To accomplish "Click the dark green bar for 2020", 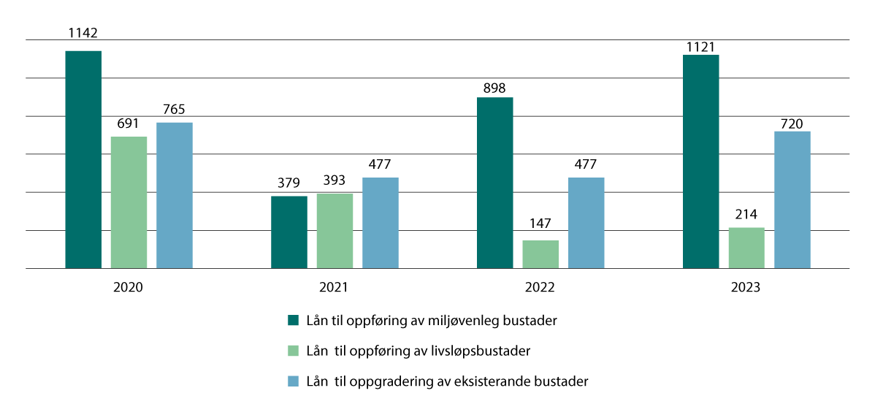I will (x=83, y=159).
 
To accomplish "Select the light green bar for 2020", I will (x=129, y=202).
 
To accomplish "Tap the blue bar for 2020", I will (x=175, y=195).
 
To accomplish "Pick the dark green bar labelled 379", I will (x=289, y=232).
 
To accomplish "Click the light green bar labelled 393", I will (x=335, y=231).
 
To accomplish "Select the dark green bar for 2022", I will (x=494, y=183).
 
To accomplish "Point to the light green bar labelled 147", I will (x=540, y=254).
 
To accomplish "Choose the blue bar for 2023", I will (x=792, y=199).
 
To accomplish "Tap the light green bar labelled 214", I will (x=746, y=248).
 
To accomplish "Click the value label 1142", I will (x=83, y=33).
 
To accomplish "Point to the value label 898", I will (x=494, y=88).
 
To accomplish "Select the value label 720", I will (x=792, y=123).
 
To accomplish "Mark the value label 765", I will (x=175, y=110).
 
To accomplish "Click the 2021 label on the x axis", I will (x=334, y=288).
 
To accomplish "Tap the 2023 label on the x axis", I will (x=746, y=288).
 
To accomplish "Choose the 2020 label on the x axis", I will (x=128, y=288).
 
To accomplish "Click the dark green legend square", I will (x=294, y=320).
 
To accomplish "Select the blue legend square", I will (x=294, y=381).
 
